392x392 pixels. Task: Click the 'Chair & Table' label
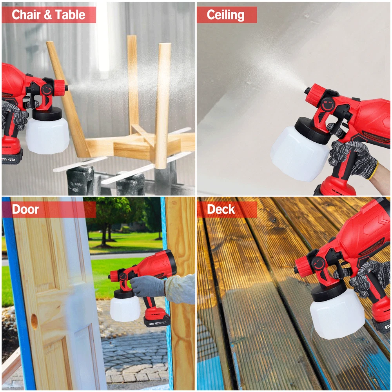tap(49, 15)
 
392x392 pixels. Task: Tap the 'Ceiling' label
tap(225, 15)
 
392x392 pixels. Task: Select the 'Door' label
tap(25, 209)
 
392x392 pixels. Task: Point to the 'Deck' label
tap(221, 209)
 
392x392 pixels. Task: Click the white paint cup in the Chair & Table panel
tap(47, 135)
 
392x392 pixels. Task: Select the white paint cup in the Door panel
tap(125, 308)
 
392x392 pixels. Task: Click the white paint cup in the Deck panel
tap(337, 314)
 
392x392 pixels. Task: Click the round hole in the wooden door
tap(34, 321)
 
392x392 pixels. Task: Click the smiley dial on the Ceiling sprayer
tap(328, 105)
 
